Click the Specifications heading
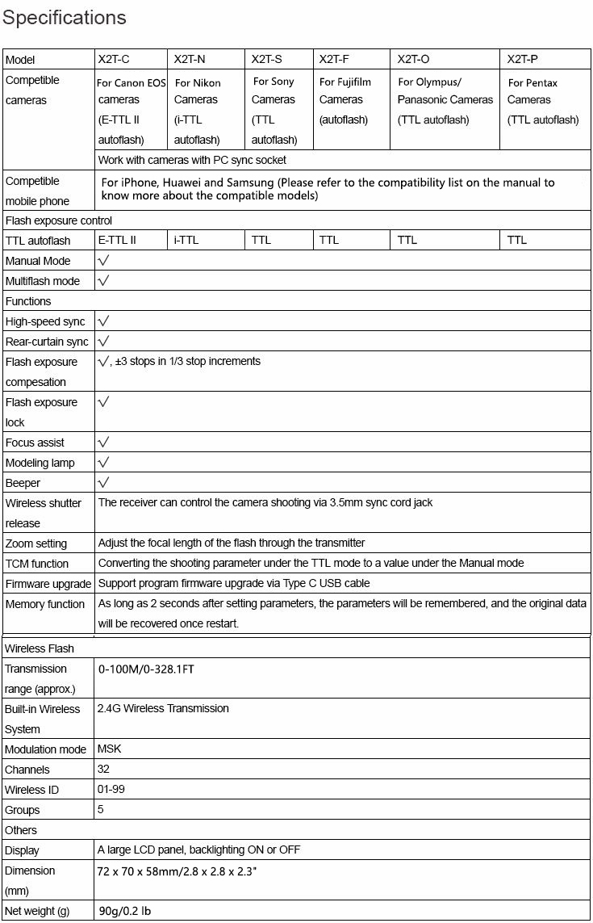coord(65,18)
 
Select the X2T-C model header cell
coord(114,59)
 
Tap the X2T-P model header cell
coord(523,59)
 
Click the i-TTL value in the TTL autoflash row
coord(186,240)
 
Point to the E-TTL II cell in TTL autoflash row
coord(117,240)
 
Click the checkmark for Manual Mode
coord(103,261)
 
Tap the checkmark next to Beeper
coord(103,483)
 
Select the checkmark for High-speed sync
coord(103,321)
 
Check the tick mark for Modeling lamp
coord(103,463)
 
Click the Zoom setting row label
coord(36,543)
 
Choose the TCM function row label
coord(37,564)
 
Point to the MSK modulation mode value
coord(109,749)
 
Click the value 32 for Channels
coord(103,770)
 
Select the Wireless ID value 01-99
coord(111,790)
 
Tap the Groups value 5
coord(101,810)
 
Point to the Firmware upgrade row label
coord(48,584)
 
